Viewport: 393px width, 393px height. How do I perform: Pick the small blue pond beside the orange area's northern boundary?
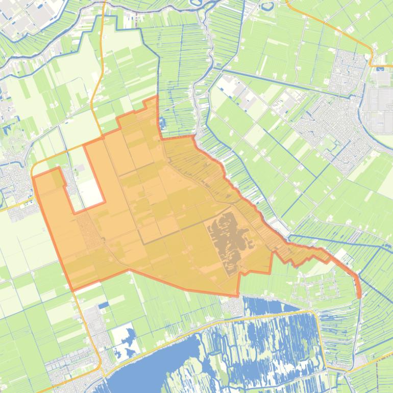(163, 122)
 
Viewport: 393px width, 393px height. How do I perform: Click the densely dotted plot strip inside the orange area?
(87, 230)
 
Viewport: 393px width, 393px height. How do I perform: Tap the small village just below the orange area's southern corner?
(235, 306)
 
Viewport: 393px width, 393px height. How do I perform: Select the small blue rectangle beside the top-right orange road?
(380, 66)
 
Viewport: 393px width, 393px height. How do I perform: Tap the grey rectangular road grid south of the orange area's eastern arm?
(311, 288)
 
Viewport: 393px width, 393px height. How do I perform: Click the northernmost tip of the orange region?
(156, 97)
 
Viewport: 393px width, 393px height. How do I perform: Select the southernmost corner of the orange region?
(237, 296)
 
